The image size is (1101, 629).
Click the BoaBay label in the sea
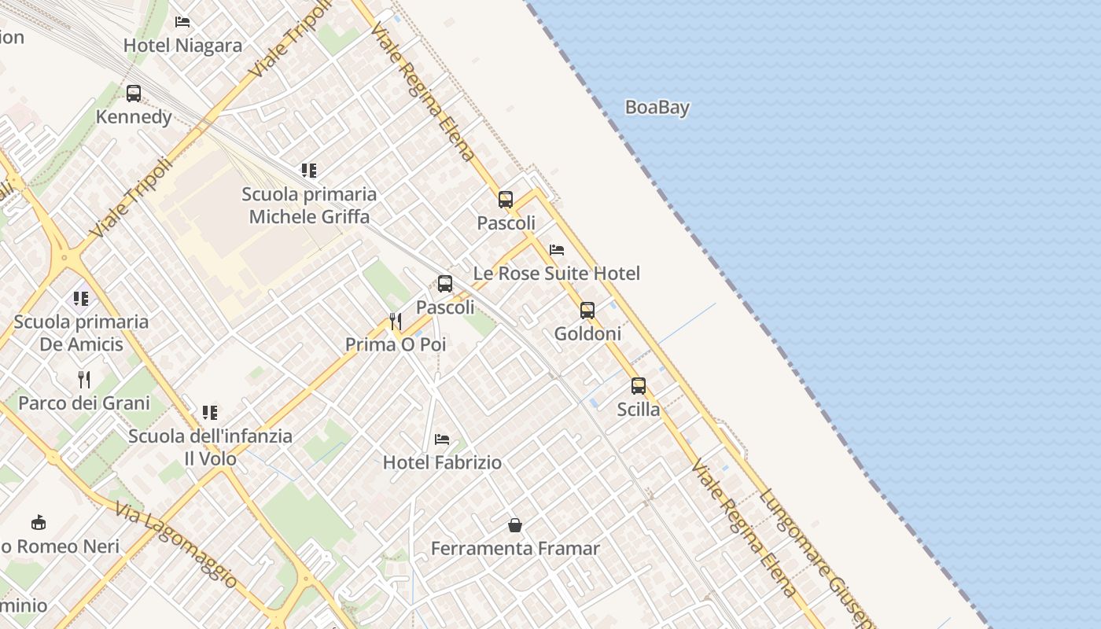pyautogui.click(x=657, y=108)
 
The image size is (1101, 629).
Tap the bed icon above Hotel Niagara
pyautogui.click(x=182, y=22)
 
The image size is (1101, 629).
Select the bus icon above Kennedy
pyautogui.click(x=134, y=94)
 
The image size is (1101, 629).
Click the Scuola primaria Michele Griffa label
pyautogui.click(x=309, y=205)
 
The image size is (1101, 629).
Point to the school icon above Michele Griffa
pyautogui.click(x=309, y=171)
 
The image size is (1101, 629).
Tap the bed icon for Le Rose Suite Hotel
pyautogui.click(x=557, y=250)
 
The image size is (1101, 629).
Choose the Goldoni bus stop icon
pyautogui.click(x=587, y=311)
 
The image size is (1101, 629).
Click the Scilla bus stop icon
pyautogui.click(x=639, y=386)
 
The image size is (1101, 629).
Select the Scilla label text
pyautogui.click(x=639, y=410)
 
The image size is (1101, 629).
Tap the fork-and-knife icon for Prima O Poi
pyautogui.click(x=396, y=321)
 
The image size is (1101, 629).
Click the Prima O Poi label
pyautogui.click(x=396, y=344)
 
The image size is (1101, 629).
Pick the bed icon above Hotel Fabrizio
pyautogui.click(x=442, y=439)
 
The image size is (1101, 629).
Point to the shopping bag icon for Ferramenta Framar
pyautogui.click(x=515, y=525)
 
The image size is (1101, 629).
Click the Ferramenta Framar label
pyautogui.click(x=515, y=549)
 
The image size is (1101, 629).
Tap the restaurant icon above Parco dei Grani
pyautogui.click(x=84, y=380)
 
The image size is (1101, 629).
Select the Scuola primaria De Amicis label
pyautogui.click(x=81, y=333)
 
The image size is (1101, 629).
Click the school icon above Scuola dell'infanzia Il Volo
pyautogui.click(x=210, y=413)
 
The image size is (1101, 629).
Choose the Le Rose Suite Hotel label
pyautogui.click(x=557, y=274)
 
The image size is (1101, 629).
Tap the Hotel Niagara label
pyautogui.click(x=182, y=46)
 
